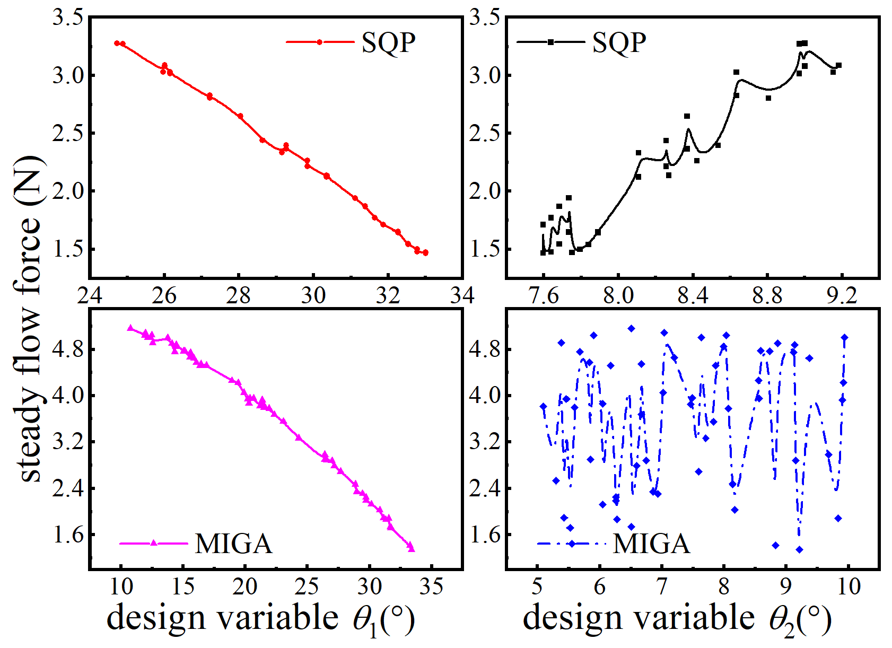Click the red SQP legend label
click(x=388, y=42)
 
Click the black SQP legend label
click(x=619, y=42)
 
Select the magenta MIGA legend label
click(x=233, y=544)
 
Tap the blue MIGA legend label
click(x=651, y=544)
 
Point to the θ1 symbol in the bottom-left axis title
click(x=365, y=619)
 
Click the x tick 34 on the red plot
click(x=462, y=295)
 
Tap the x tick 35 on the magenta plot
click(x=431, y=586)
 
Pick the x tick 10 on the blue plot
click(x=849, y=586)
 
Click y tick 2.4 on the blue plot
click(x=484, y=488)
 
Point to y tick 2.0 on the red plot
click(x=67, y=191)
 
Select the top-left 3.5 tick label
click(x=67, y=17)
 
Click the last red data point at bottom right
click(x=425, y=253)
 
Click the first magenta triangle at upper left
click(x=130, y=328)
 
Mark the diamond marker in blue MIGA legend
click(x=572, y=544)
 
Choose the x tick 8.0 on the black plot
click(x=618, y=295)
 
